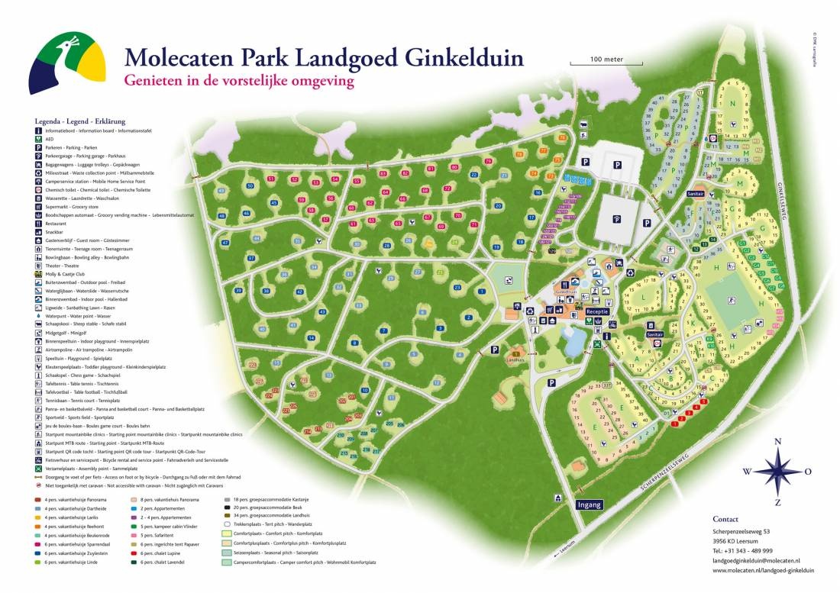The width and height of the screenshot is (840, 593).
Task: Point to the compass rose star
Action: click(777, 471)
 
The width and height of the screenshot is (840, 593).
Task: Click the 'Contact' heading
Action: click(725, 519)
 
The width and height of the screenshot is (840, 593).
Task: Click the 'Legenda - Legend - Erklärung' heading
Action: click(79, 121)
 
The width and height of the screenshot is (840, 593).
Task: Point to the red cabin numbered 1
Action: click(676, 424)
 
